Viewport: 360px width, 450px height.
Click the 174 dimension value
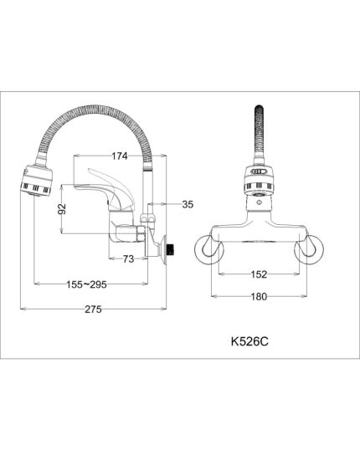point(120,156)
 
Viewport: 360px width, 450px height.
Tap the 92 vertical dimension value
point(62,209)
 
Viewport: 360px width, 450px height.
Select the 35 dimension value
point(188,204)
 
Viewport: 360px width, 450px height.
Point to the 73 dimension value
point(128,259)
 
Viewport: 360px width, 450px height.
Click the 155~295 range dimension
point(87,284)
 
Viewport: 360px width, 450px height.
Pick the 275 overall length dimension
point(93,309)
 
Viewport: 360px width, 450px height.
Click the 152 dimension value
point(259,274)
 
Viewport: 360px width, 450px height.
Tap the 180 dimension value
point(259,296)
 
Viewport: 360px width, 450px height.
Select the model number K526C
point(249,341)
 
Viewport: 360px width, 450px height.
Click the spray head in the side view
point(37,181)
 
